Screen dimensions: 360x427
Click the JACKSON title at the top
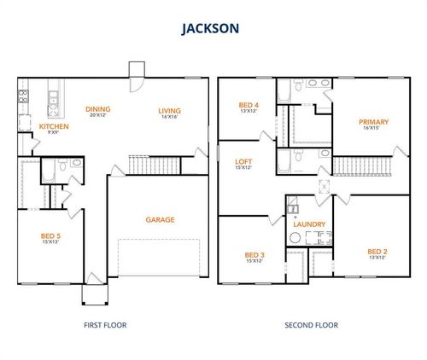(x=210, y=28)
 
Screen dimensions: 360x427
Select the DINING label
(x=97, y=109)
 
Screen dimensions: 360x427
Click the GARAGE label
(x=160, y=219)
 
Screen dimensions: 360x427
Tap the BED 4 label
(x=249, y=105)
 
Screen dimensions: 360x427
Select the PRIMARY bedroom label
(x=373, y=122)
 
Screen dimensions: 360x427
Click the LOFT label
(x=243, y=160)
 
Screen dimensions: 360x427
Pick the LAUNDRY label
(x=307, y=225)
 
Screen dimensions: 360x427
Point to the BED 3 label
(x=254, y=255)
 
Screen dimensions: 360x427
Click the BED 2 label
(x=377, y=251)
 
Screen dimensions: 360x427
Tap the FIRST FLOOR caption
(x=106, y=324)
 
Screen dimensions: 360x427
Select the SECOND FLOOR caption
(x=310, y=324)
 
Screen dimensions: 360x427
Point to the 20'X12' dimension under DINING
(x=97, y=116)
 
